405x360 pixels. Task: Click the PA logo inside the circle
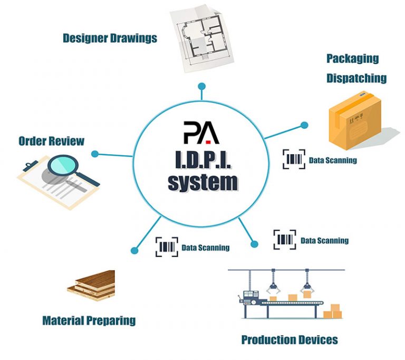coord(201,132)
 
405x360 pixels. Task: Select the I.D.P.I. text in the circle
coord(202,158)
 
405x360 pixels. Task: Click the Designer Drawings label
coord(110,38)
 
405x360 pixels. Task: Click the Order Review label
coord(51,141)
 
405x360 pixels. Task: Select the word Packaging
coord(352,58)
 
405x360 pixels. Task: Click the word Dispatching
coord(356,78)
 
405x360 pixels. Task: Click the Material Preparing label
coord(89,320)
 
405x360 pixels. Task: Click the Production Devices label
coord(289,339)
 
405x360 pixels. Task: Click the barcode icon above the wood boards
coord(166,247)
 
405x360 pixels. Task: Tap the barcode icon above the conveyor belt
coord(285,240)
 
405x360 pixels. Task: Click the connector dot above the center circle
coord(201,86)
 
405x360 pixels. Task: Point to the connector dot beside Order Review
coord(95,154)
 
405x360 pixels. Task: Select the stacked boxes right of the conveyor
coord(332,311)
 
